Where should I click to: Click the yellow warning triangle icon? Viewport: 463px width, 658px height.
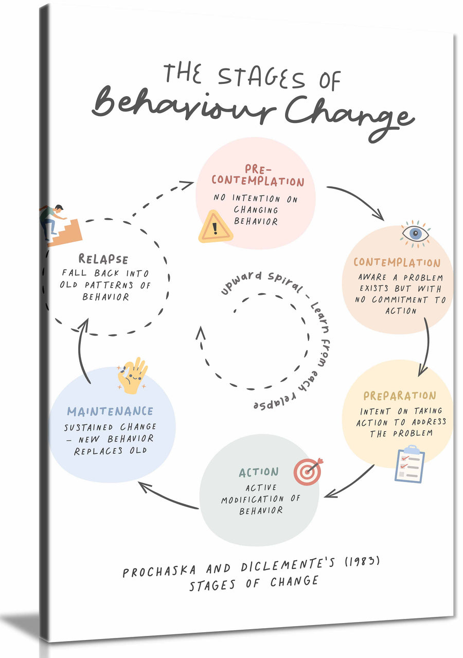[x=216, y=227]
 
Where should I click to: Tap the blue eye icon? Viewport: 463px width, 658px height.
[x=415, y=234]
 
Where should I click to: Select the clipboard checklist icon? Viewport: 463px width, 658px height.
[x=409, y=465]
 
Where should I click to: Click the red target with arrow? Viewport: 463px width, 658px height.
[x=308, y=471]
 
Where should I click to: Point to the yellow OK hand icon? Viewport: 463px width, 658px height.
[x=132, y=376]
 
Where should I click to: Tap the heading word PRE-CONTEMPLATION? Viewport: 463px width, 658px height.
[x=258, y=175]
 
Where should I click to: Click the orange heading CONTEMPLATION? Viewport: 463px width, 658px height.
[x=397, y=262]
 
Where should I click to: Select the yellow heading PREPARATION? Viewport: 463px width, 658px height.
[x=400, y=396]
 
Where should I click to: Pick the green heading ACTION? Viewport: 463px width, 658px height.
[x=259, y=472]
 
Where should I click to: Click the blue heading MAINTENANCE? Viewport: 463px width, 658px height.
[x=110, y=411]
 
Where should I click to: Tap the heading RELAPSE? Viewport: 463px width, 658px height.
[x=103, y=259]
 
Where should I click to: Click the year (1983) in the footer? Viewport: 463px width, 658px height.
[x=362, y=561]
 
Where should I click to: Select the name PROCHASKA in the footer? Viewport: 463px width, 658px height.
[x=159, y=571]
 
